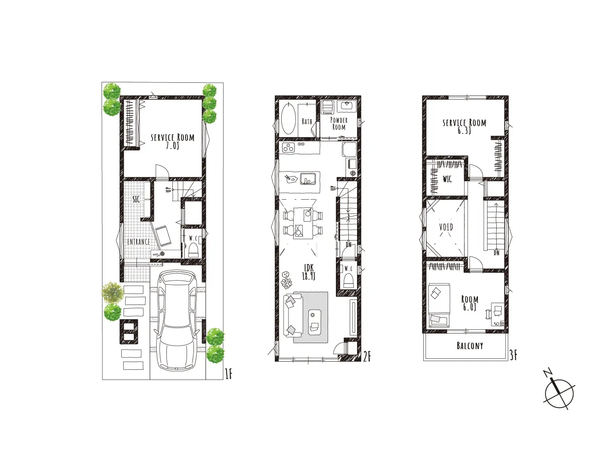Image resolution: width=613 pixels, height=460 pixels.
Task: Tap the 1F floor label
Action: click(x=228, y=374)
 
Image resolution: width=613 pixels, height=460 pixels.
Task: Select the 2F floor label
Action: click(x=367, y=356)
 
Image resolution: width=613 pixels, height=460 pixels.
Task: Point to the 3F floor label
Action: click(x=513, y=355)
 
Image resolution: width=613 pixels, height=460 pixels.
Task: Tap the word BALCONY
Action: click(x=470, y=346)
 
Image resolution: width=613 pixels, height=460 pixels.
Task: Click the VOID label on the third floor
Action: click(x=446, y=227)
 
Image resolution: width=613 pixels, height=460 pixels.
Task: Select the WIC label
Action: click(x=447, y=179)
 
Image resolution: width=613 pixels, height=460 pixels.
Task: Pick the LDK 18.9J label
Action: click(x=309, y=272)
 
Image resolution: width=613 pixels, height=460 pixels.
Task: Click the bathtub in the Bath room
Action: click(x=288, y=119)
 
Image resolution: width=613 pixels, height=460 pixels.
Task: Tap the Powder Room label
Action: click(x=339, y=124)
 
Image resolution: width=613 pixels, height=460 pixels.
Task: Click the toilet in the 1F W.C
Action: click(x=193, y=250)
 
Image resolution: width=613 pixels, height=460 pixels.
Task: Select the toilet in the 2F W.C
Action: click(x=348, y=280)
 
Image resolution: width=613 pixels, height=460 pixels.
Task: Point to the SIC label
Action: click(x=136, y=199)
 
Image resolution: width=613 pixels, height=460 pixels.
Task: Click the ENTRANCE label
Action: click(x=138, y=242)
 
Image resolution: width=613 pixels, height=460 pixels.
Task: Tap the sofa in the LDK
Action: click(x=293, y=316)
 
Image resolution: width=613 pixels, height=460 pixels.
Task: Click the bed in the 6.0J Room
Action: click(x=439, y=305)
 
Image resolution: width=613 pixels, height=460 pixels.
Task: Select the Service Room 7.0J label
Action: click(x=172, y=141)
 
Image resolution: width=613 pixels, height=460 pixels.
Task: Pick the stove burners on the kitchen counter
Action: click(x=289, y=147)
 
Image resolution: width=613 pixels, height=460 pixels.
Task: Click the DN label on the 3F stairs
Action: click(x=496, y=253)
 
